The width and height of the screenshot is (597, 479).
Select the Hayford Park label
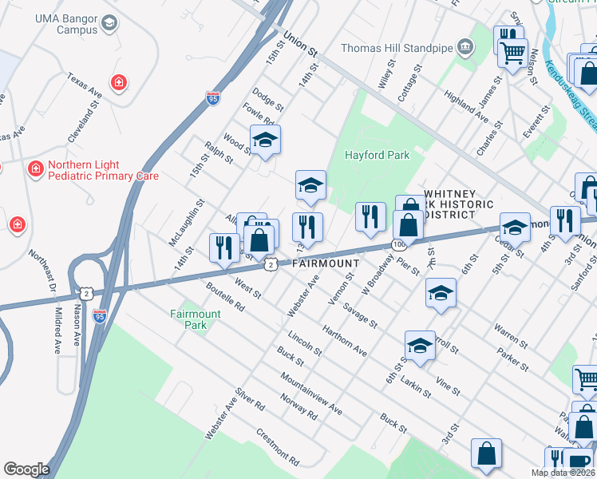376,155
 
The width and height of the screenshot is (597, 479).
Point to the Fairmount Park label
195,319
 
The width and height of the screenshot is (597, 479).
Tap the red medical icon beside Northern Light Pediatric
35,169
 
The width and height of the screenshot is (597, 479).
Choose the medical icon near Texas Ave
118,82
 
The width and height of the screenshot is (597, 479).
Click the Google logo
26,469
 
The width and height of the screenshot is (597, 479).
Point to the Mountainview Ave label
310,394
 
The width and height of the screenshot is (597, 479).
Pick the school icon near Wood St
265,141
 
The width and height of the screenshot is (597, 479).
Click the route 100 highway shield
397,243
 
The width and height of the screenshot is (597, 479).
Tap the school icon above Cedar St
515,227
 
